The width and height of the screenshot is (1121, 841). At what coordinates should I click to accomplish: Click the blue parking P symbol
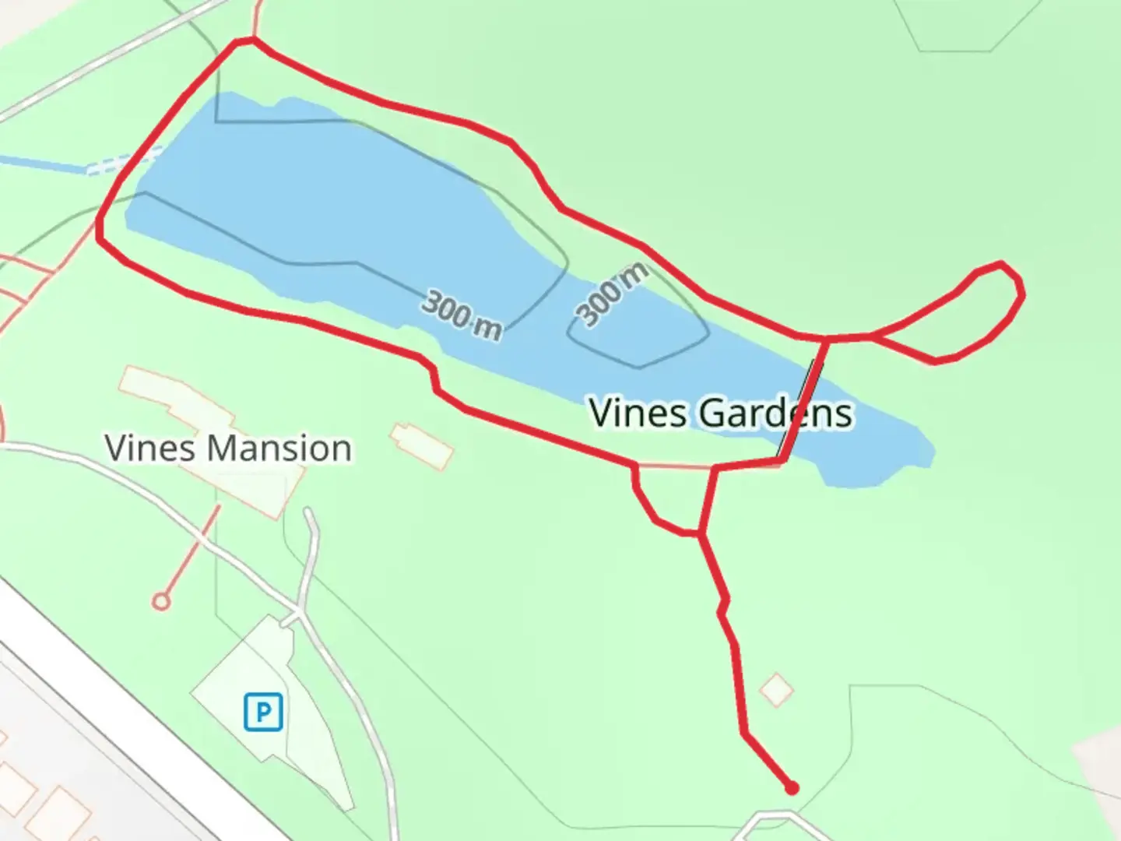[x=262, y=712]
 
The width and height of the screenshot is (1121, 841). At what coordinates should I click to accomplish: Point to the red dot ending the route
[x=792, y=788]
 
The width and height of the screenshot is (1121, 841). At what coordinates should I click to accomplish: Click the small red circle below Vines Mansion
[x=161, y=600]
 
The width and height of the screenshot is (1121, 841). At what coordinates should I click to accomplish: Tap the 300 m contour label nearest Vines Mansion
[x=462, y=316]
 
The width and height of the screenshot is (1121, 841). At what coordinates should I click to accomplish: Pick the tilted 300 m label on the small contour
[x=613, y=294]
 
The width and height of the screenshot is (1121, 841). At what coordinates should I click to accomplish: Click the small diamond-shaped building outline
[x=776, y=690]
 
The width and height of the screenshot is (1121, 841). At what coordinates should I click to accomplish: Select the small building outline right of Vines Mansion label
[x=421, y=445]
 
